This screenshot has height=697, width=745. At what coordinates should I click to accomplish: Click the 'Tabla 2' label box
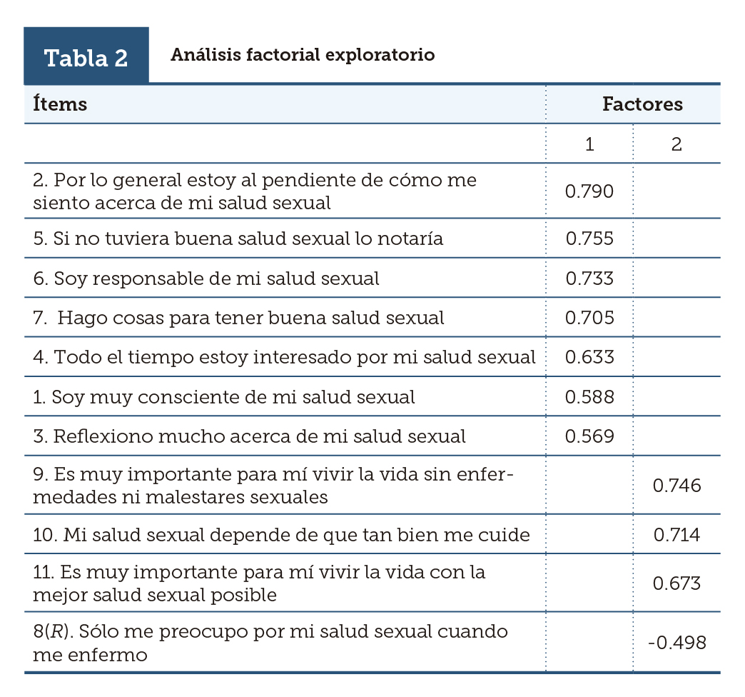tap(86, 57)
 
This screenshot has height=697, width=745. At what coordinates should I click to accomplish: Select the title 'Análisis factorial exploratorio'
tap(303, 55)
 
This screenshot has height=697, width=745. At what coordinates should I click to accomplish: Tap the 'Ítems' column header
tap(60, 104)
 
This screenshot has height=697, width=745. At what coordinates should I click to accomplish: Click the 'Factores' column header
tap(642, 104)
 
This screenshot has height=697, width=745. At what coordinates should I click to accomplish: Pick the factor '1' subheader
tap(589, 144)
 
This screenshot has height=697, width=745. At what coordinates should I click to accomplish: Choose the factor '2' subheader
tap(676, 144)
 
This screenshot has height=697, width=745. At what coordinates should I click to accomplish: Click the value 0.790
tap(589, 191)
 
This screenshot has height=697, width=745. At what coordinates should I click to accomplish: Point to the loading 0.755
tap(589, 239)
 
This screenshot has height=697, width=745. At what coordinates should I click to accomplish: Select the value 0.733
tap(589, 279)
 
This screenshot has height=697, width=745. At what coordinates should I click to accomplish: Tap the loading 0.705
tap(589, 318)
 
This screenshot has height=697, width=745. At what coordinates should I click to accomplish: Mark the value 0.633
tap(589, 357)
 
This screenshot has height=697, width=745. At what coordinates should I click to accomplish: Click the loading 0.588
tap(589, 396)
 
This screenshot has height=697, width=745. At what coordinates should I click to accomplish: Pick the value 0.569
tap(589, 436)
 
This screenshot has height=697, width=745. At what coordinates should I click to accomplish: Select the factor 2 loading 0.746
tap(677, 486)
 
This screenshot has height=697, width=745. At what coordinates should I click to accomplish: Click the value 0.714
tap(677, 535)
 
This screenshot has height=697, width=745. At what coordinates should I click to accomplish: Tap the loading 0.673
tap(677, 583)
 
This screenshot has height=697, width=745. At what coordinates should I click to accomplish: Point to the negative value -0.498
tap(677, 643)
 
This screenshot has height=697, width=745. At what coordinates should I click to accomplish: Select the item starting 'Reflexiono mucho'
tap(249, 436)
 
